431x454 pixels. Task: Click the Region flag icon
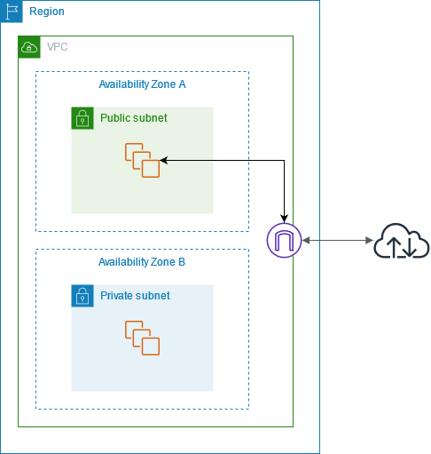coord(12,12)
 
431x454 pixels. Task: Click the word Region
coord(47,12)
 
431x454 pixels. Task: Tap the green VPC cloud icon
coord(29,47)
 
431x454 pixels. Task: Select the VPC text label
coord(57,47)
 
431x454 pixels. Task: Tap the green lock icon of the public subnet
coord(82,118)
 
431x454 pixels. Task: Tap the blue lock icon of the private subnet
coord(82,296)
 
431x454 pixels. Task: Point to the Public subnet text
coord(133,118)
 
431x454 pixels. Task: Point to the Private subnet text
coord(135,296)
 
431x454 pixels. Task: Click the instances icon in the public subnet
coord(142,160)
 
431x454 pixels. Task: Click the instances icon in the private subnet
coord(142,338)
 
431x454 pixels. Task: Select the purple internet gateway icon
coord(284,241)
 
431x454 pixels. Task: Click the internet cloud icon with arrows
coord(402,241)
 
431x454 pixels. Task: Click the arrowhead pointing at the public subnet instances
coord(166,161)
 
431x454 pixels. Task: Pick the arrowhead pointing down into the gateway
coord(284,219)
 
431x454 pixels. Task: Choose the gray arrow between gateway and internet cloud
coord(337,241)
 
